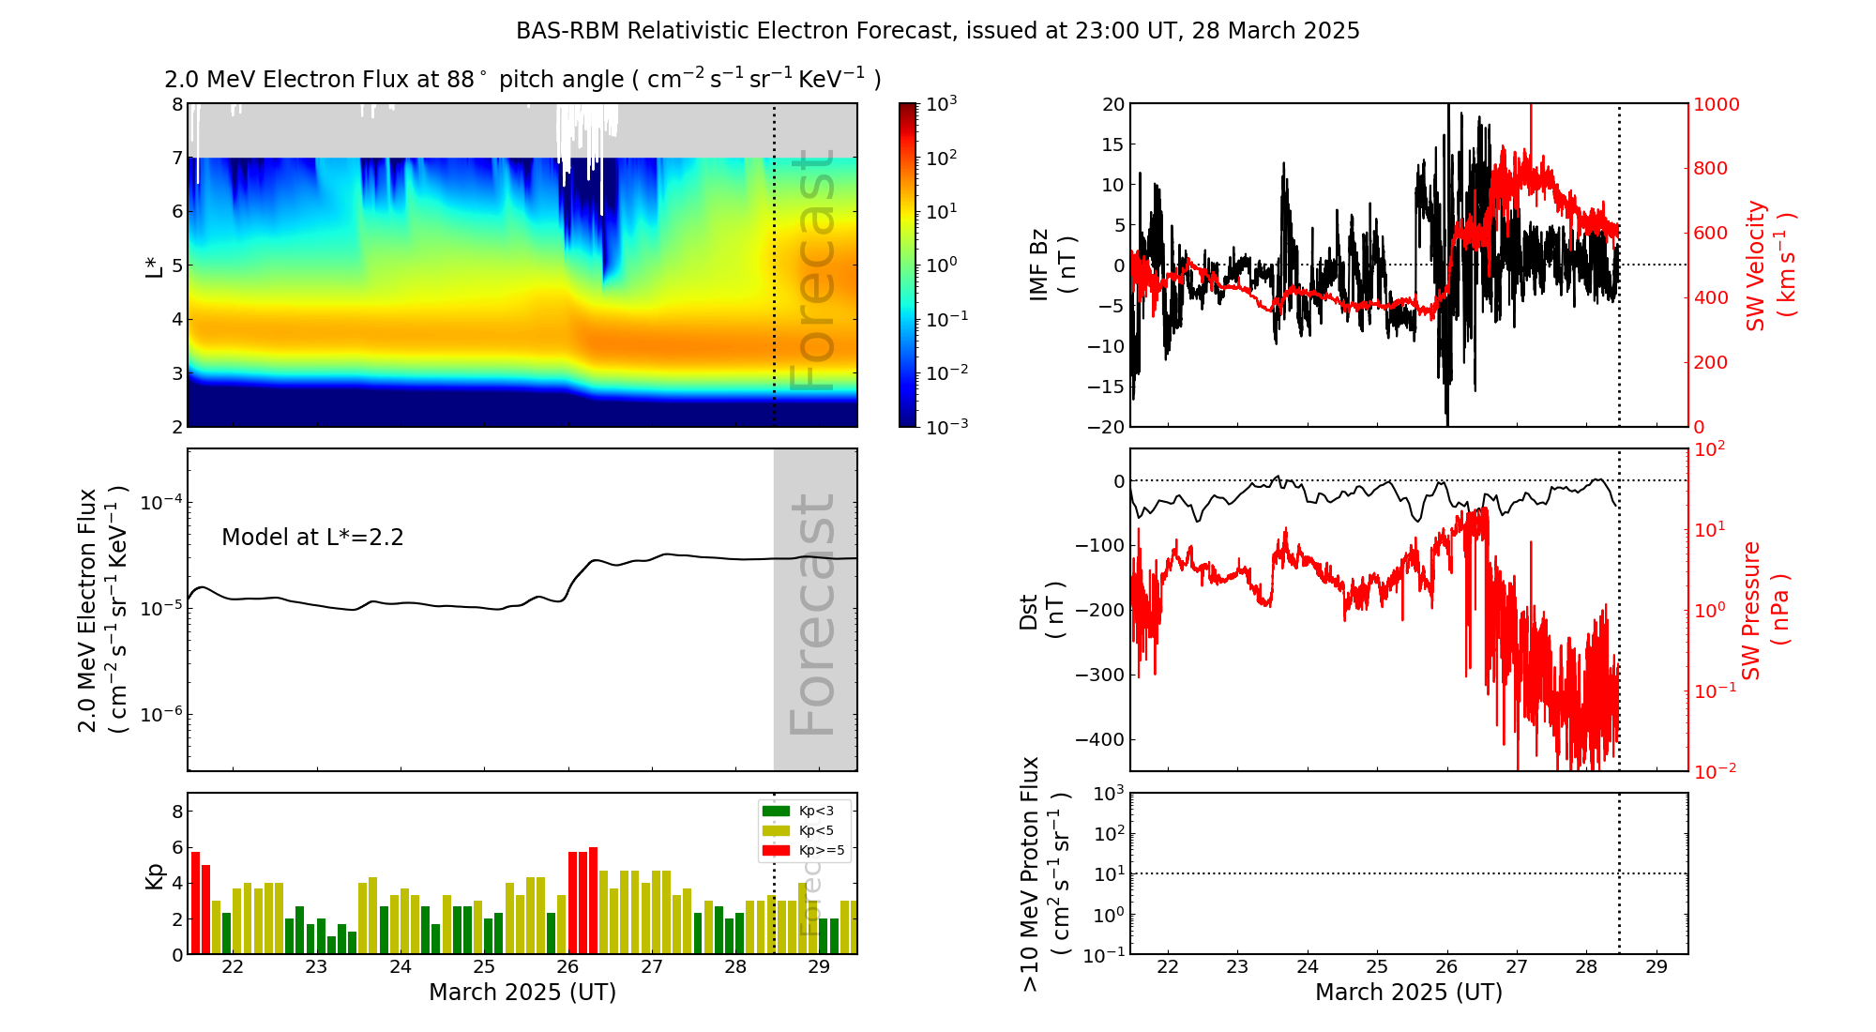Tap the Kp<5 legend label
coord(816,831)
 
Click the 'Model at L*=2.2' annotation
coord(312,538)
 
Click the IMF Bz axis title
coord(1052,266)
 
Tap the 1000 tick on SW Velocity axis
coord(1717,105)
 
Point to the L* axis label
coord(155,266)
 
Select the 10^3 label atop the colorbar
coord(942,103)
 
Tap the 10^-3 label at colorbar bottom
coord(946,426)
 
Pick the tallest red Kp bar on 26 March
coord(593,900)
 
